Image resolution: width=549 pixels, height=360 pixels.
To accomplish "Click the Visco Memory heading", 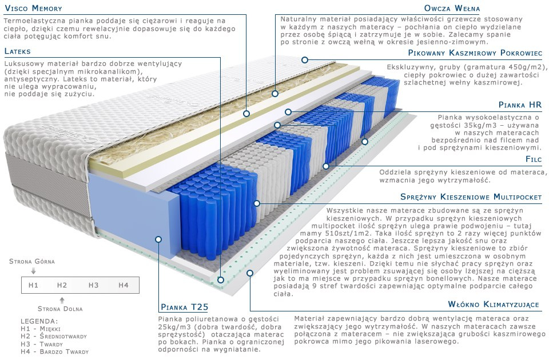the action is pyautogui.click(x=33, y=8).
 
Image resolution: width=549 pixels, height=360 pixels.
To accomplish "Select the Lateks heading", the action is pyautogui.click(x=18, y=51).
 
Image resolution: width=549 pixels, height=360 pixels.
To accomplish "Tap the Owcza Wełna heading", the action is pyautogui.click(x=452, y=8).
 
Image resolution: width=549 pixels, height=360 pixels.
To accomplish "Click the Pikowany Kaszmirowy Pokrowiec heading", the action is pyautogui.click(x=475, y=53).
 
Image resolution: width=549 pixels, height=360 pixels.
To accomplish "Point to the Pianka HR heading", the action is pyautogui.click(x=520, y=105).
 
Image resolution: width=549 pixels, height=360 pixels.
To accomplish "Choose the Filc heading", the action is pyautogui.click(x=534, y=159).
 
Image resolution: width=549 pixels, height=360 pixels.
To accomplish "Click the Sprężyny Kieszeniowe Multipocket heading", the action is pyautogui.click(x=471, y=197).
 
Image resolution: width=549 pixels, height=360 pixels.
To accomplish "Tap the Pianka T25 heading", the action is pyautogui.click(x=185, y=307).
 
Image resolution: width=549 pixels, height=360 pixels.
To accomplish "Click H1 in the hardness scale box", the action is pyautogui.click(x=33, y=285).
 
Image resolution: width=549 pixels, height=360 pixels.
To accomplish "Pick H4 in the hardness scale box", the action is pyautogui.click(x=124, y=285).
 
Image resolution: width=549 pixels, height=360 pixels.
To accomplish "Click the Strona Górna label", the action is pyautogui.click(x=32, y=261).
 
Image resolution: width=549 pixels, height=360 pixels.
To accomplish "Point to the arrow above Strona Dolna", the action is pyautogui.click(x=62, y=300).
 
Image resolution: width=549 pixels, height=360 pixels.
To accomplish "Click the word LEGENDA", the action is pyautogui.click(x=39, y=321).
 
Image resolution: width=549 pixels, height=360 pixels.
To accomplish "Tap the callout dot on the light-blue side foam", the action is pyautogui.click(x=158, y=239).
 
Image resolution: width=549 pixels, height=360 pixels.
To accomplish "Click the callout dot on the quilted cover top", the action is pyautogui.click(x=305, y=60).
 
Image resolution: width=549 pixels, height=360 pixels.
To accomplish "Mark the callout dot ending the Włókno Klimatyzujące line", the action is pyautogui.click(x=250, y=273).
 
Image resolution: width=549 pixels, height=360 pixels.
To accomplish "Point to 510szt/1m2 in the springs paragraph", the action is pyautogui.click(x=335, y=233).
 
